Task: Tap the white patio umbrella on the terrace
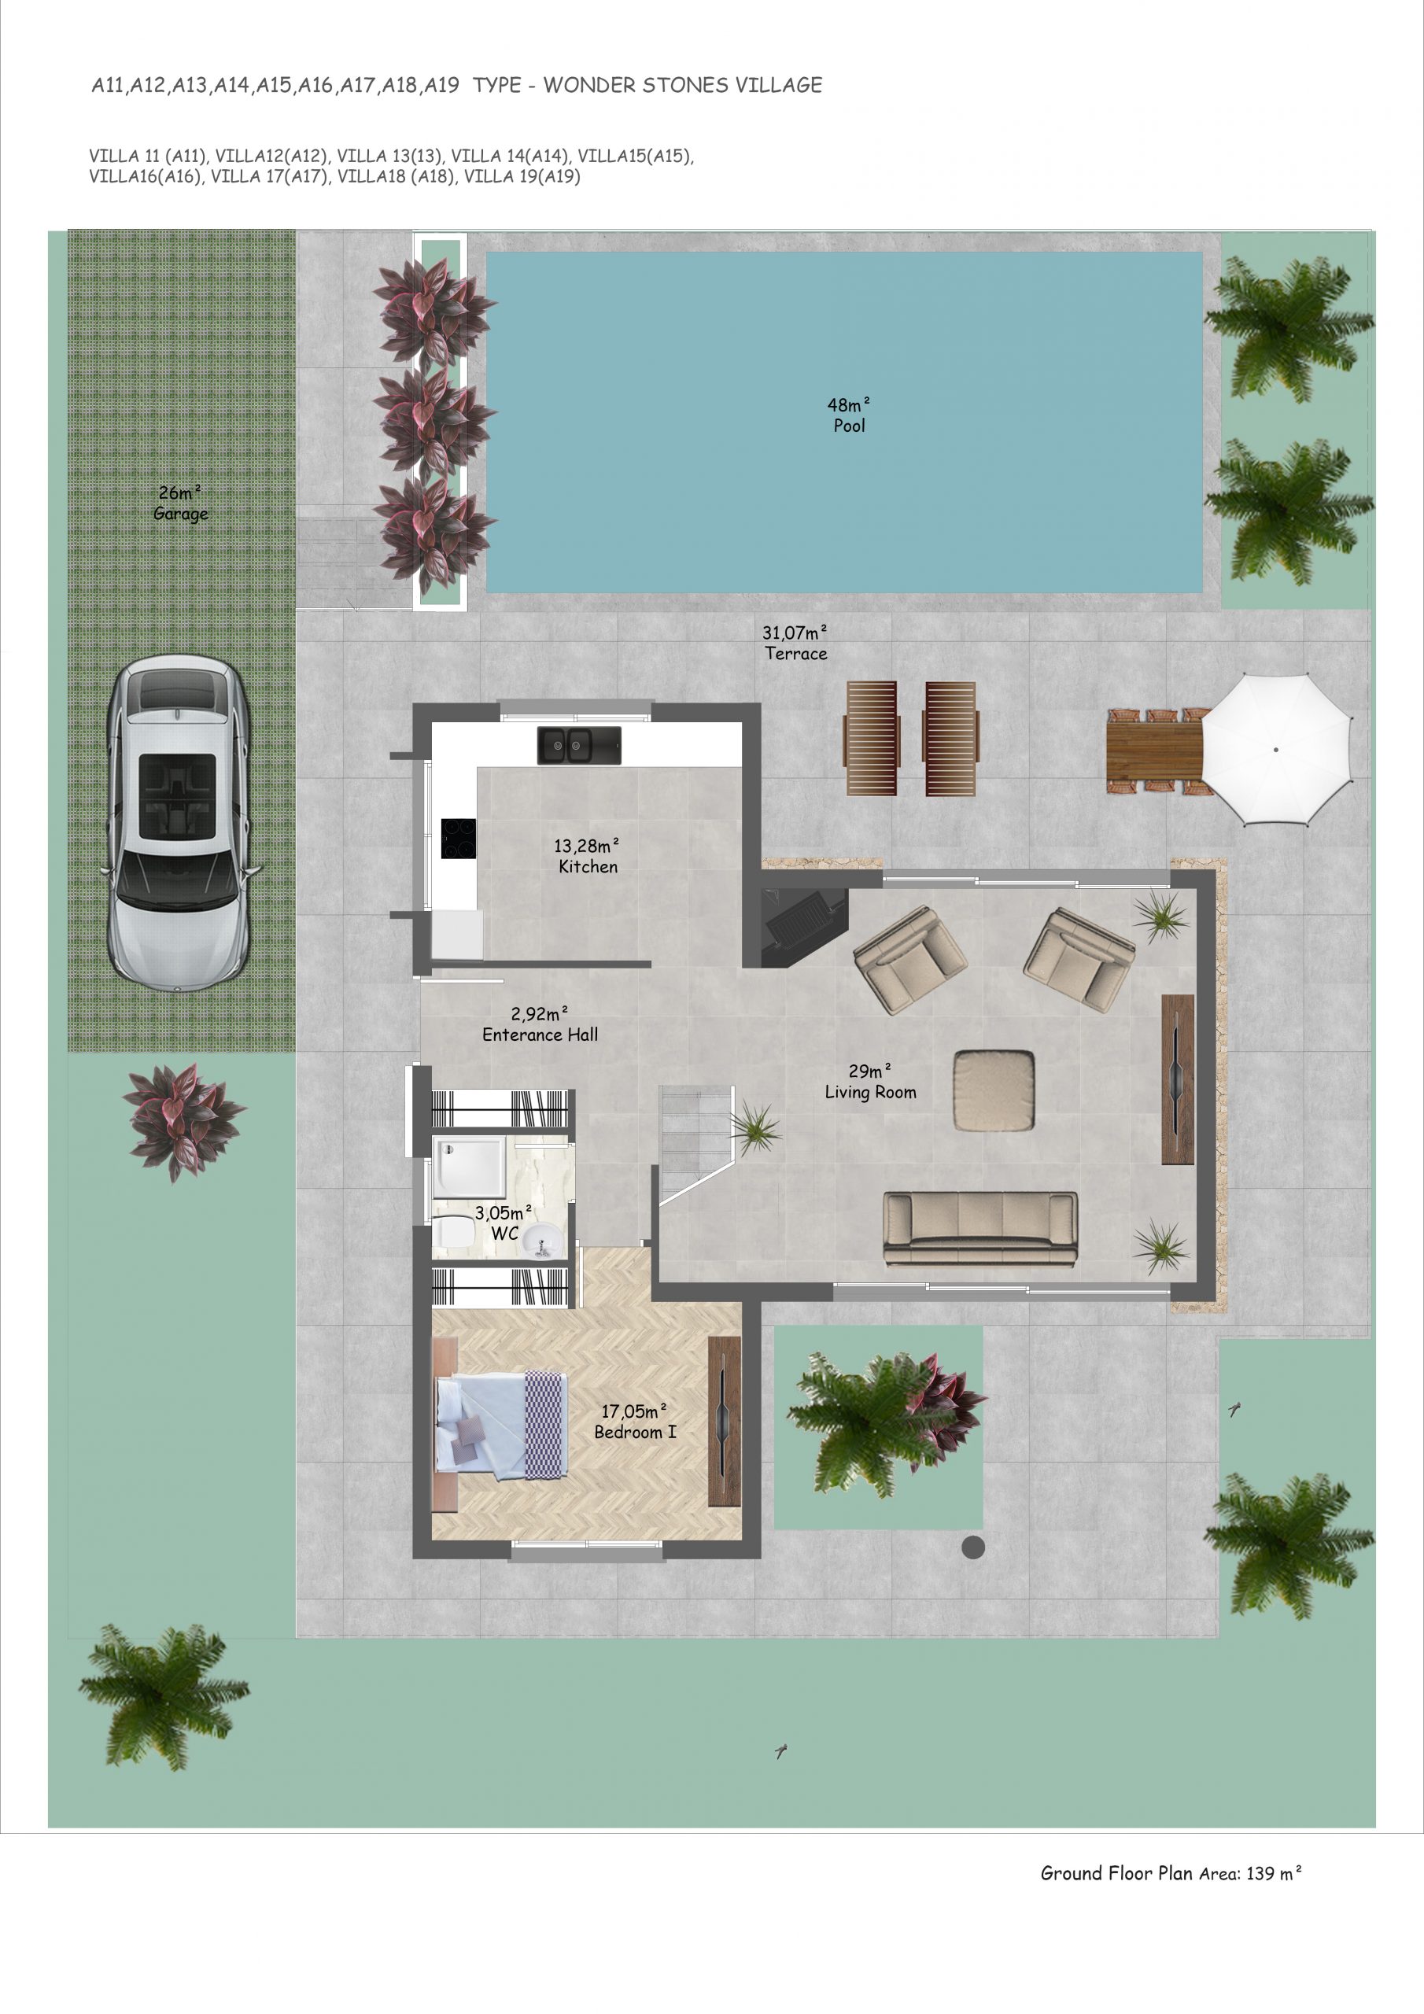pyautogui.click(x=1276, y=749)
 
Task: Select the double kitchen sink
pyautogui.click(x=579, y=745)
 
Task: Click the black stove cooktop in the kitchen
pyautogui.click(x=458, y=838)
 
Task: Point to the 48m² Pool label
pyautogui.click(x=848, y=415)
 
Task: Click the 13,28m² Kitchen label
pyautogui.click(x=587, y=856)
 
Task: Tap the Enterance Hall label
pyautogui.click(x=540, y=1035)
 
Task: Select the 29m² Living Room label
pyautogui.click(x=870, y=1082)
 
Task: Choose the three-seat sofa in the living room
pyautogui.click(x=980, y=1229)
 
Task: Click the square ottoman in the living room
pyautogui.click(x=994, y=1090)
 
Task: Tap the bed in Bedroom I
pyautogui.click(x=501, y=1424)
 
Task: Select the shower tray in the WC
pyautogui.click(x=470, y=1167)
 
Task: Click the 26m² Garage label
pyautogui.click(x=181, y=503)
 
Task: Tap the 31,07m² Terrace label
pyautogui.click(x=795, y=643)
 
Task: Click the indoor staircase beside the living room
pyautogui.click(x=695, y=1144)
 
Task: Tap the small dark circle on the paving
pyautogui.click(x=972, y=1547)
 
